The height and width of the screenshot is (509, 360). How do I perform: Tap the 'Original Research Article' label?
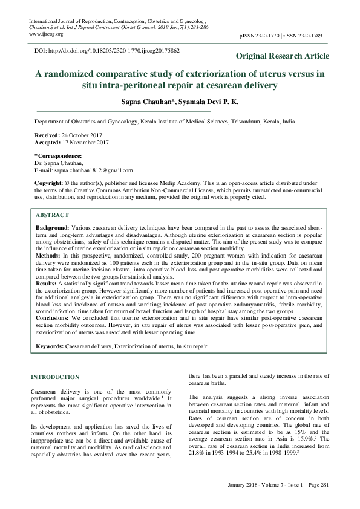point(283,56)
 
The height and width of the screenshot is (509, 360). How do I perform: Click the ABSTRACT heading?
point(52,215)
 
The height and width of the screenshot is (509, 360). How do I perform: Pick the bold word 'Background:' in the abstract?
point(53,225)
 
